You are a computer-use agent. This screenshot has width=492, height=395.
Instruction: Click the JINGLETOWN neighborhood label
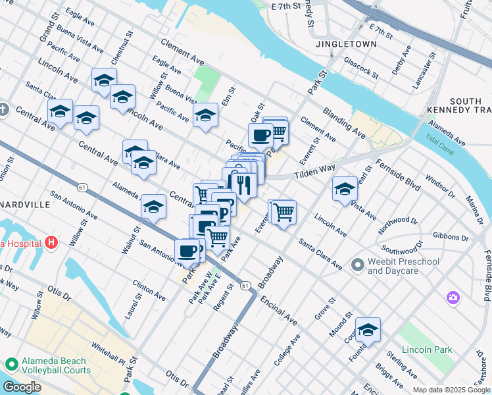(x=346, y=44)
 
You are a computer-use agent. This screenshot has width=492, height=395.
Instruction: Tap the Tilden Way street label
(x=314, y=172)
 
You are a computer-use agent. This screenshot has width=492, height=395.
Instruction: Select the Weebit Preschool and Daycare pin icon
(x=357, y=265)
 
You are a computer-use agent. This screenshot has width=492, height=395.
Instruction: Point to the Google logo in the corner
(x=22, y=388)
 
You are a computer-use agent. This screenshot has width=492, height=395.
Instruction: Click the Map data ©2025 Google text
(x=451, y=390)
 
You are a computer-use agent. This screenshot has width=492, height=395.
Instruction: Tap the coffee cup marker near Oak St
(x=260, y=135)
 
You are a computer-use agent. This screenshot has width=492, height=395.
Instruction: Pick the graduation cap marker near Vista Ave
(x=345, y=189)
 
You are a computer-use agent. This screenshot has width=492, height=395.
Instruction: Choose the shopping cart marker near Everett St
(x=283, y=213)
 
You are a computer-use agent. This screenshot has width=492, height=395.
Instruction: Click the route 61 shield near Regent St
(x=245, y=285)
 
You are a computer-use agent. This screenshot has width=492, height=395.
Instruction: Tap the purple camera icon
(x=453, y=298)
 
